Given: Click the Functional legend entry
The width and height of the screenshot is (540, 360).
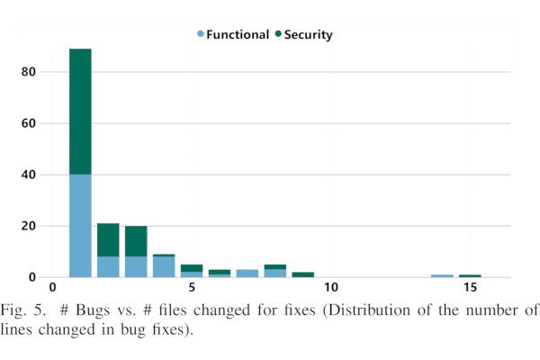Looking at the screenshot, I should pos(233,34).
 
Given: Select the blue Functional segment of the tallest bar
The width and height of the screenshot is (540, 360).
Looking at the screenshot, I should pos(80,225).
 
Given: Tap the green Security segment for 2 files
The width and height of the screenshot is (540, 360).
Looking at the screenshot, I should pos(108,239).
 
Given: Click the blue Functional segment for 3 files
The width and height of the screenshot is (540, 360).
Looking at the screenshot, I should pos(136,266).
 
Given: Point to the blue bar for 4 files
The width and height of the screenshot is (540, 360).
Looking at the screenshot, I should pos(164,267).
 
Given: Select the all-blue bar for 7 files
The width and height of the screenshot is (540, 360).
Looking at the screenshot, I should pos(247,273).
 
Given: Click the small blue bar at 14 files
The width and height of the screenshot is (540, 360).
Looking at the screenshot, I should pos(442,275).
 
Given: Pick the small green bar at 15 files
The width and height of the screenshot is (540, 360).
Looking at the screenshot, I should pos(470,275).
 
